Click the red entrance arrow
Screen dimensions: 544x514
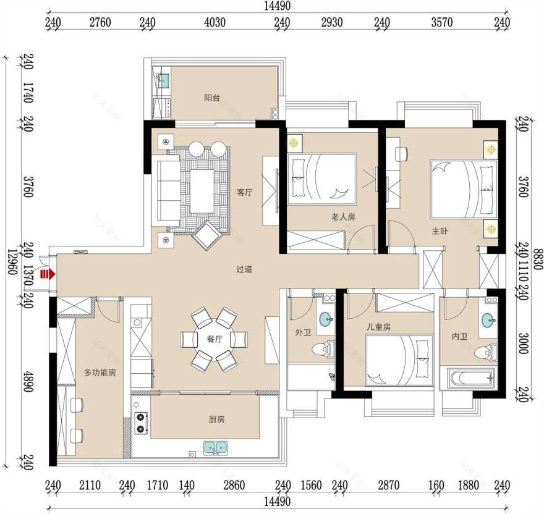tap(48, 265)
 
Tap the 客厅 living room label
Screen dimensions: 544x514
tap(245, 193)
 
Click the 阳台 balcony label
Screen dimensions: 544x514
tap(212, 98)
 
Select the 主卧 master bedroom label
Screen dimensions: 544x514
tap(440, 231)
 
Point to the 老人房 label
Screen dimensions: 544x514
tap(344, 217)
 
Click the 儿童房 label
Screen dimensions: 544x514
tap(379, 327)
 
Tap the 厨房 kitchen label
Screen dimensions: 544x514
tap(216, 419)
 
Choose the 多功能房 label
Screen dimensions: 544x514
tap(100, 373)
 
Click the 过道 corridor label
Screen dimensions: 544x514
tap(244, 269)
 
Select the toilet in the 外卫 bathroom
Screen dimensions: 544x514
tap(323, 350)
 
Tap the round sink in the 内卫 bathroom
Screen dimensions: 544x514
tap(488, 320)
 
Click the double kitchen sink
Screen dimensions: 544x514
tap(216, 448)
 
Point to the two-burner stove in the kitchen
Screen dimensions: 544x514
tap(141, 423)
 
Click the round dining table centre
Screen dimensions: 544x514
tap(214, 339)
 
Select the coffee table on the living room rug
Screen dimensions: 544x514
tap(202, 191)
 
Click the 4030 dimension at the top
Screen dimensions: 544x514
tap(215, 22)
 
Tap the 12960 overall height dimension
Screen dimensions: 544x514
tap(12, 262)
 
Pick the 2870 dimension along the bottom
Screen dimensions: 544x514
tap(389, 486)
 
